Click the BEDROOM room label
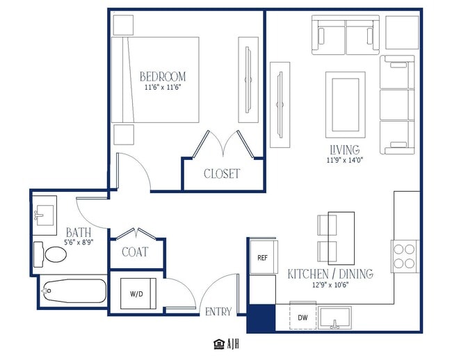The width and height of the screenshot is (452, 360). point(163,76)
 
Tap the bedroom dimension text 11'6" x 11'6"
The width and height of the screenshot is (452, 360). point(163,88)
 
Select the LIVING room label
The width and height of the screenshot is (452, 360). point(345,149)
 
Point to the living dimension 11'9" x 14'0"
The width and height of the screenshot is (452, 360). point(345,160)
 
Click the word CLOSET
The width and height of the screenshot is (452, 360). point(222,174)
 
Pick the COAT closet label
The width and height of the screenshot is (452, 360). point(135,252)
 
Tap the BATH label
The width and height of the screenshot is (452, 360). point(79,232)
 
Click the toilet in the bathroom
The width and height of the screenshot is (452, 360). point(50,254)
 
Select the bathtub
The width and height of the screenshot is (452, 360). point(74,291)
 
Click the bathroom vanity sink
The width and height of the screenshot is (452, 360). point(44,215)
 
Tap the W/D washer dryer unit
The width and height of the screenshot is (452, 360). point(138,293)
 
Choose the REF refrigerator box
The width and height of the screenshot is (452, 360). point(264,257)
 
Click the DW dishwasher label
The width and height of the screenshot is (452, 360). point(302,318)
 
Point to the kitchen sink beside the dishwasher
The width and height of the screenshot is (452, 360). point(334,318)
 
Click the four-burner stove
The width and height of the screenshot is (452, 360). point(405,256)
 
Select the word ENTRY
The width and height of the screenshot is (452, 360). point(218,311)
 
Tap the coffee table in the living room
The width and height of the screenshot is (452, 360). point(346,105)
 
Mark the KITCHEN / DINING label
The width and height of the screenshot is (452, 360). point(330,274)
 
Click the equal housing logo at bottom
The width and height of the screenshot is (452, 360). point(219,344)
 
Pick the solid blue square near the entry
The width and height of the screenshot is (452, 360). point(261,318)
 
